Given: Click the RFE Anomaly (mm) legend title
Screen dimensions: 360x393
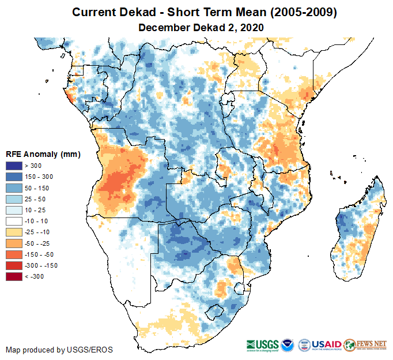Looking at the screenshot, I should coord(43,154).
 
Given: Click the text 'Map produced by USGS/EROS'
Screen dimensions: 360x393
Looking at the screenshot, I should coord(59,350).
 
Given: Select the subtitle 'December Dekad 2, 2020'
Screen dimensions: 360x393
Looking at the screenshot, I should coord(201,27).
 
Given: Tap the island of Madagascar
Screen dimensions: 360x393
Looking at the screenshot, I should coord(357,231).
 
